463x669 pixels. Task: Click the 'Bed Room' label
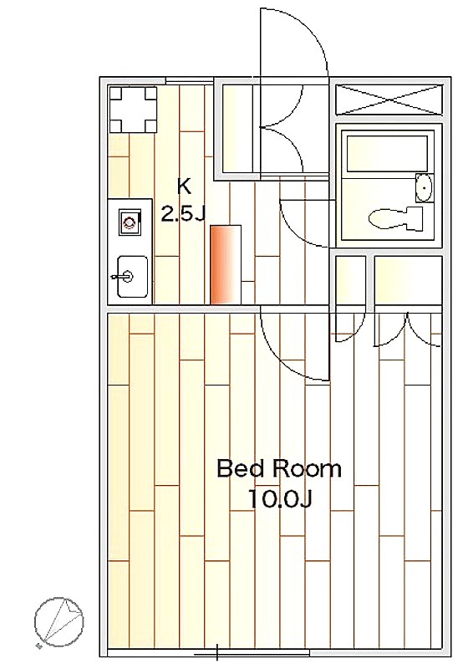pyautogui.click(x=279, y=468)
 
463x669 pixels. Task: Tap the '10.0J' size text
pyautogui.click(x=280, y=498)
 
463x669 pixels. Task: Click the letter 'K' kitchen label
pyautogui.click(x=184, y=186)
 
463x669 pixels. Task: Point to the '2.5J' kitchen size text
pyautogui.click(x=183, y=212)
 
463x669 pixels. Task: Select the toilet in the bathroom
pyautogui.click(x=394, y=219)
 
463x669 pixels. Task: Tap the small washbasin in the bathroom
pyautogui.click(x=425, y=187)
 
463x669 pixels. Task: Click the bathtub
pyautogui.click(x=387, y=154)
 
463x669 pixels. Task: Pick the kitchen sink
pyautogui.click(x=133, y=277)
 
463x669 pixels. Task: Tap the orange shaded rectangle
pyautogui.click(x=226, y=264)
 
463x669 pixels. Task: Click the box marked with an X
pyautogui.click(x=389, y=100)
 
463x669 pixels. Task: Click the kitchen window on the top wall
pyautogui.click(x=189, y=79)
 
